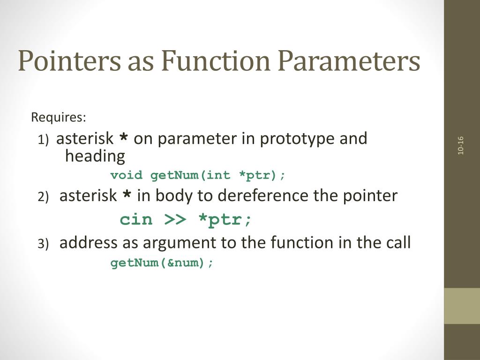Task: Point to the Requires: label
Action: pyautogui.click(x=59, y=117)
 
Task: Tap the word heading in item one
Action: pyautogui.click(x=95, y=156)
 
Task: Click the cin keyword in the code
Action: pyautogui.click(x=136, y=219)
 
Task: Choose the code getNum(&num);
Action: pyautogui.click(x=162, y=263)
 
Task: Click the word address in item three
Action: pyautogui.click(x=89, y=243)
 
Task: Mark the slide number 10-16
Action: pyautogui.click(x=461, y=145)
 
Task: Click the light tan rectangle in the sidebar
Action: pyautogui.click(x=462, y=306)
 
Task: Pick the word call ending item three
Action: pyautogui.click(x=397, y=243)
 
